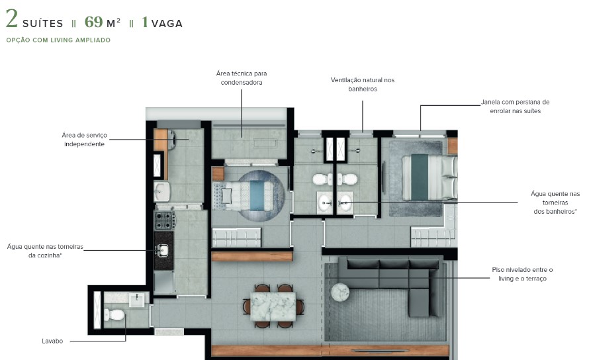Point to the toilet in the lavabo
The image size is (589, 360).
click(115, 314)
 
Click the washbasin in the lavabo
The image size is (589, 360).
click(138, 300)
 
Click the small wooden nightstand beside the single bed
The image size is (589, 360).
click(218, 174)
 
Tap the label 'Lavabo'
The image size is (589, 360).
click(52, 341)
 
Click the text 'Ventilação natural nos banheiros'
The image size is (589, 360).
click(363, 84)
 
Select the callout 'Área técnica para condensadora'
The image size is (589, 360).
click(242, 77)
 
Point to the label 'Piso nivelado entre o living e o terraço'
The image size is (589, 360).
click(521, 274)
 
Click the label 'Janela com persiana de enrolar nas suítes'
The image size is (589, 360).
click(515, 107)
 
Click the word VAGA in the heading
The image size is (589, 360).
click(166, 24)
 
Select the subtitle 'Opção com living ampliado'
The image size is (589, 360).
click(58, 40)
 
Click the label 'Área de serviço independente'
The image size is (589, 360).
click(84, 139)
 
